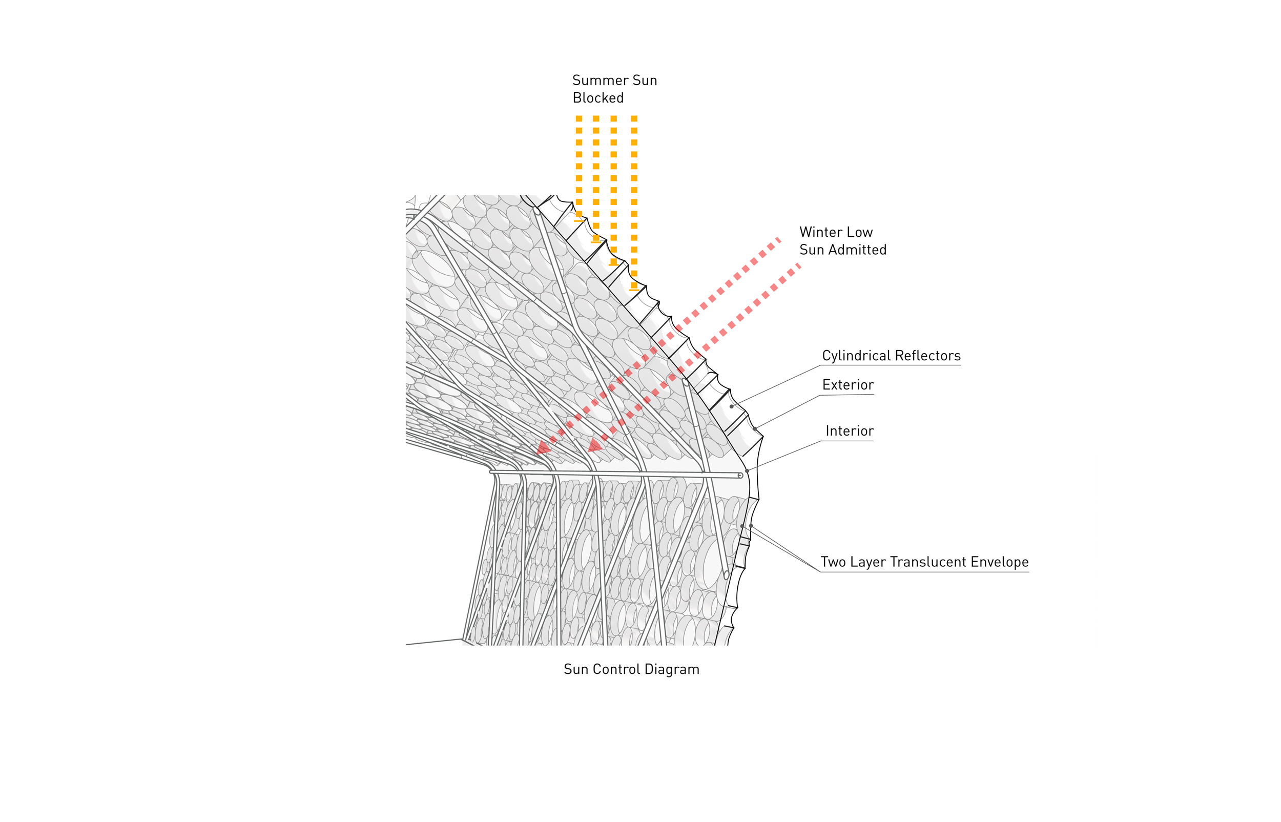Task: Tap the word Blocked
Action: [x=598, y=98]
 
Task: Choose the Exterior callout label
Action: [x=848, y=385]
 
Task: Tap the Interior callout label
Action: [x=850, y=431]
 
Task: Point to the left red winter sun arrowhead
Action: [x=543, y=448]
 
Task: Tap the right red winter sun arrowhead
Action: [x=594, y=445]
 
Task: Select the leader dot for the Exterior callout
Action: [x=755, y=428]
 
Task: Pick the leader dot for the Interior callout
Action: [x=747, y=471]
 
